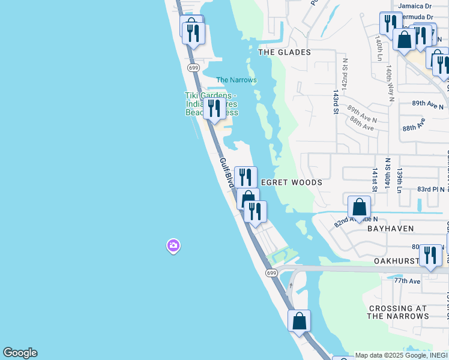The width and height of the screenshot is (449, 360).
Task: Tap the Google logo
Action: [x=20, y=353]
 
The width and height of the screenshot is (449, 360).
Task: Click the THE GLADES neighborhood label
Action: [x=285, y=52]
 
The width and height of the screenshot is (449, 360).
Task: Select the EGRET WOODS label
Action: [x=291, y=182]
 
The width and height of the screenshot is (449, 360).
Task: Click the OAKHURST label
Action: [x=395, y=262]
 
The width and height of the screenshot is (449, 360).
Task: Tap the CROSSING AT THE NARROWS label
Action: [x=398, y=312]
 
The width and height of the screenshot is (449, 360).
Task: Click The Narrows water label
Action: [x=236, y=80]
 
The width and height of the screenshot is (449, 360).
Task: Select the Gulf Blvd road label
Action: [x=225, y=173]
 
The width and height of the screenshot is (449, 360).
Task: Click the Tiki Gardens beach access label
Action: [x=211, y=104]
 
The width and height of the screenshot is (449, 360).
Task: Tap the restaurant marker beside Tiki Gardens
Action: [x=214, y=109]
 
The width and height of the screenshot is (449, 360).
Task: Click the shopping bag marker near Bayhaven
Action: [x=359, y=208]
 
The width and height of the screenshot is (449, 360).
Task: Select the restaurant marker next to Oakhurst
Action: [x=430, y=255]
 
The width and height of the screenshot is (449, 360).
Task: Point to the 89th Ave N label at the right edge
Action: [x=427, y=104]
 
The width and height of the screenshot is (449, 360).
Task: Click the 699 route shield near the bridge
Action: [x=271, y=273]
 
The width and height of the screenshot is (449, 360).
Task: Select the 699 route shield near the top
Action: [x=193, y=68]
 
